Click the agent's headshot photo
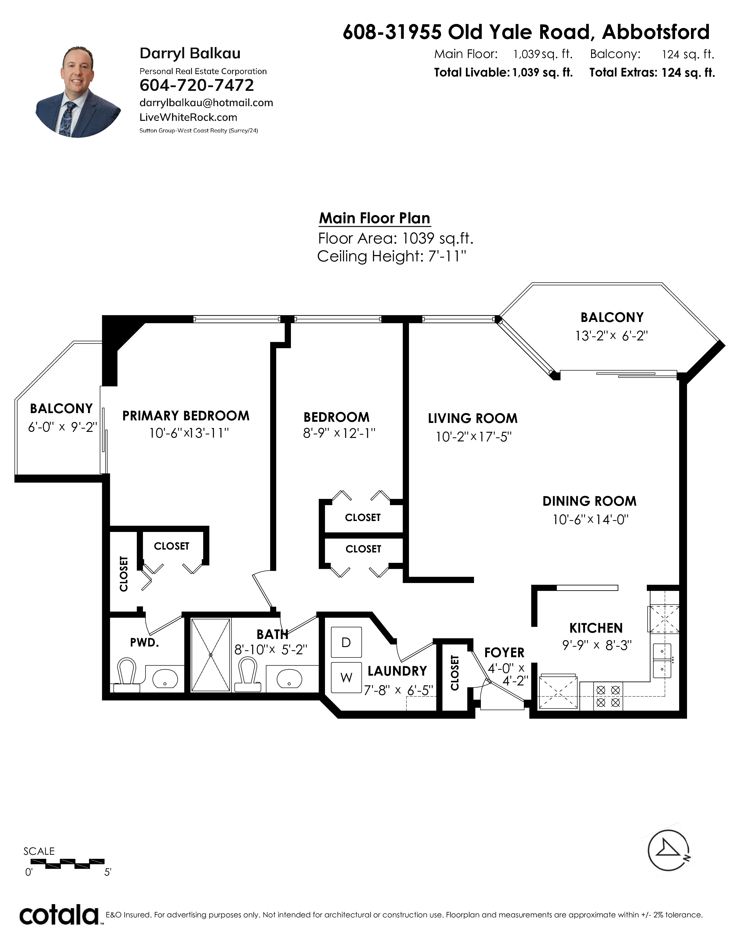tap(79, 91)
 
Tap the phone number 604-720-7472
tap(197, 85)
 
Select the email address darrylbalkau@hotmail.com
tap(206, 103)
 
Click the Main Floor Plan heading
tap(375, 218)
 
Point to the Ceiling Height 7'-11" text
tap(392, 256)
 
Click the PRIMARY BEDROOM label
tap(186, 416)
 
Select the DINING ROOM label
tap(589, 501)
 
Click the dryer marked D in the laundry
tap(346, 642)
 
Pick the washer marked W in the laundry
tap(346, 677)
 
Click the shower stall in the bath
tap(211, 655)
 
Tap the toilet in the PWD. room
tap(126, 675)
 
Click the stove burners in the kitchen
tap(608, 696)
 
